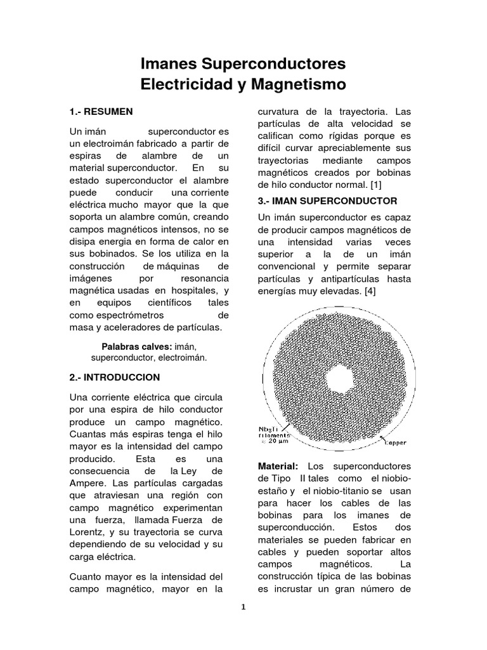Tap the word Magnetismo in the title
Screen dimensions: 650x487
coord(296,84)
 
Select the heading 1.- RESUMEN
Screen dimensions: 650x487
coord(101,112)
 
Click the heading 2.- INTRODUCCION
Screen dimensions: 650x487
coord(114,377)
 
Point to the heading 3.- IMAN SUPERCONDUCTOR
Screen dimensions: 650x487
coord(327,201)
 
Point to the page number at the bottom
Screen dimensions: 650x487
coord(243,606)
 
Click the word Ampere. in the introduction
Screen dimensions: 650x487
coord(87,484)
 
